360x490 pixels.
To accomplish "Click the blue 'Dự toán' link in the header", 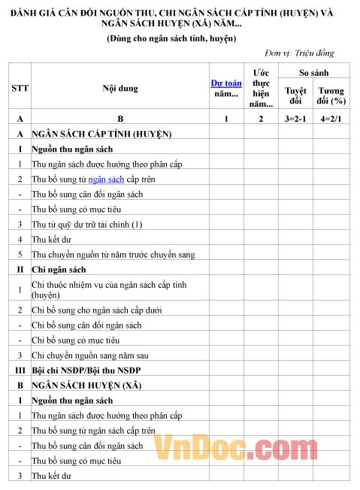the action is [226, 83].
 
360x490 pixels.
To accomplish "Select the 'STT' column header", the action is [20, 88].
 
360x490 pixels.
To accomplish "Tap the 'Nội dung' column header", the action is [119, 88].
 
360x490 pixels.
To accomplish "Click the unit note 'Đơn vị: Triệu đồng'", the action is [299, 53].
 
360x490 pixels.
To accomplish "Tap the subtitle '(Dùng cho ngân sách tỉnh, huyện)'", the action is [171, 38].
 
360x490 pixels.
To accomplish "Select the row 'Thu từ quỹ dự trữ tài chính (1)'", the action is [86, 224].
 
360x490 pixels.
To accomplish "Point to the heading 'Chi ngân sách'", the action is [59, 269].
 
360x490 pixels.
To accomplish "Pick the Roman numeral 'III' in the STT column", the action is [20, 371].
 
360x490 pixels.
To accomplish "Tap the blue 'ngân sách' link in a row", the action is [106, 179].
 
